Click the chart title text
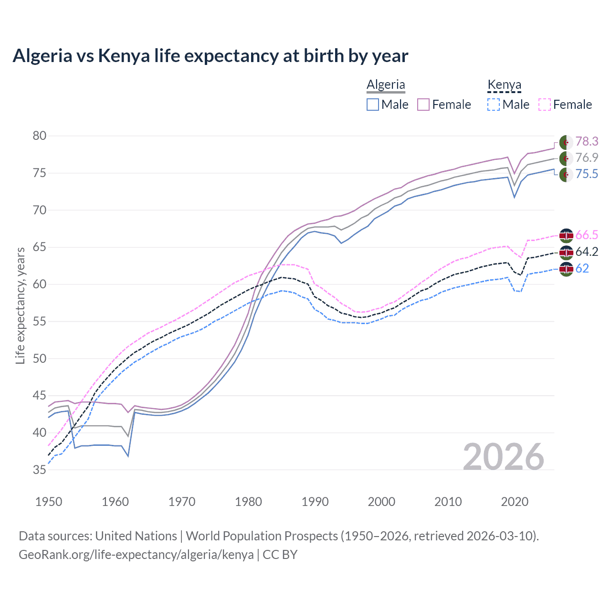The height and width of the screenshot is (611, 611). (210, 56)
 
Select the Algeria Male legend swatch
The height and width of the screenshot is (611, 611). (373, 105)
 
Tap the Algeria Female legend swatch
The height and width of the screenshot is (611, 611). (424, 105)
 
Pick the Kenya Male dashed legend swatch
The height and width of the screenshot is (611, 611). (494, 105)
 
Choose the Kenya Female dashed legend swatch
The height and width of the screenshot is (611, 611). (545, 105)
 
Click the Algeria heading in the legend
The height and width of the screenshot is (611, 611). (386, 84)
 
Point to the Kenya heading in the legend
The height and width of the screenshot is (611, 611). (504, 84)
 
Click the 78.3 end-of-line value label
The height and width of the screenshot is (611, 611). (587, 141)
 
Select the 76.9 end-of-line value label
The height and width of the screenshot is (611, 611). (587, 158)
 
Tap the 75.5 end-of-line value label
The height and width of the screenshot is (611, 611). (587, 174)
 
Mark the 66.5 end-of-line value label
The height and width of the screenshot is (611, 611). (587, 235)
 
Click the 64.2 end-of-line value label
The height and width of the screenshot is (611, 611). (587, 252)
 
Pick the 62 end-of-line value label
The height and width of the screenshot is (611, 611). (582, 268)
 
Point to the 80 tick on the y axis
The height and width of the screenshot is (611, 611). (40, 136)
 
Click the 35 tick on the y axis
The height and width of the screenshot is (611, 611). (40, 470)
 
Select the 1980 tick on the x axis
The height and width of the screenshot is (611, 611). (248, 502)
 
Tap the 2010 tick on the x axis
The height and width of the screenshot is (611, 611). (448, 502)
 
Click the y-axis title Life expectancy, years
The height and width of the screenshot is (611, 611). (20, 305)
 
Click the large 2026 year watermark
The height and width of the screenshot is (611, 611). (504, 457)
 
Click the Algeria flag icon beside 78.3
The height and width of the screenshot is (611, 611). (566, 142)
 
